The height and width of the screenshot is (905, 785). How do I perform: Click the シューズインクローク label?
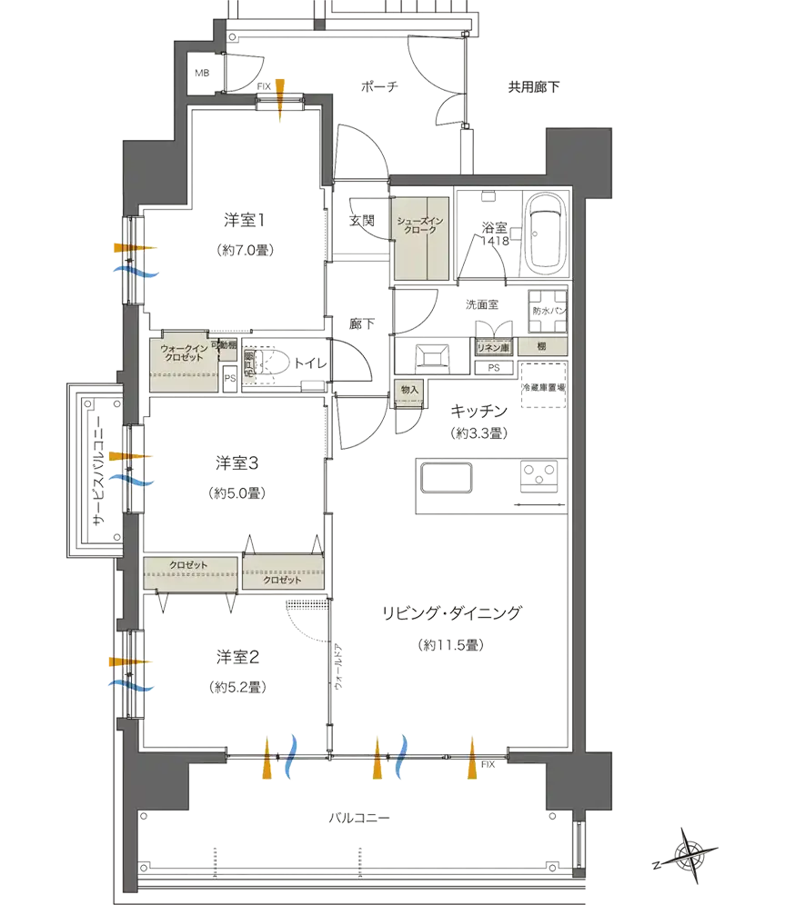pos(421,224)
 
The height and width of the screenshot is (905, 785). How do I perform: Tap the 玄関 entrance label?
pos(357,221)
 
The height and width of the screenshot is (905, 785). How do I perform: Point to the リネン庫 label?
pos(494,347)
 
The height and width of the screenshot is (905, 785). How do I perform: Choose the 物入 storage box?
pos(408,390)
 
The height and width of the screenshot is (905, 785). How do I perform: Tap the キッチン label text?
pos(479,412)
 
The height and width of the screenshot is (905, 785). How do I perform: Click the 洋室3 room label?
pos(237,462)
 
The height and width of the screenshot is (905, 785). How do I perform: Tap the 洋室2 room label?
pos(239,655)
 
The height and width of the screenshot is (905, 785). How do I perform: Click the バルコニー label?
pos(357,820)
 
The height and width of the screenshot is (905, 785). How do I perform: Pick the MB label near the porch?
pos(202,73)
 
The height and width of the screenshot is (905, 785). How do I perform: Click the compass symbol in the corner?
pos(689,852)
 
